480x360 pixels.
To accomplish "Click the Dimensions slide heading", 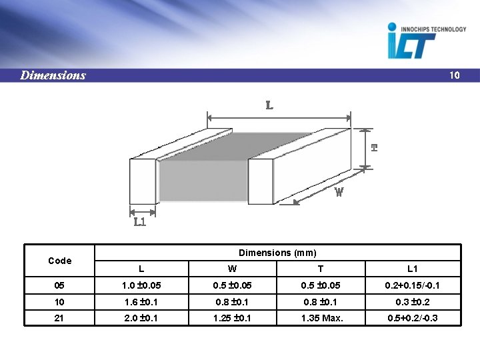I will click(53, 75).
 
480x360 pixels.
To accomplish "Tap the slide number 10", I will click(454, 75).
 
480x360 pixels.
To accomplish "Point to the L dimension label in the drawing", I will click(269, 105).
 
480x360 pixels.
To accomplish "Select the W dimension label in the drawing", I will click(339, 192).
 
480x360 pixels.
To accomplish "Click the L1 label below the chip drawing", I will click(140, 221).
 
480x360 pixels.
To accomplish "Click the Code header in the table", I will click(60, 260).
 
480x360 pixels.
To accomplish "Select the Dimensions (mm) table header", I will click(277, 253).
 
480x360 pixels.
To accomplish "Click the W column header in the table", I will click(232, 269).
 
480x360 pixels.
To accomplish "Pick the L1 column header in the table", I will click(412, 269).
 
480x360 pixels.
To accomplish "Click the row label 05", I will click(59, 285).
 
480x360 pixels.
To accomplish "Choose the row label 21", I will click(59, 318).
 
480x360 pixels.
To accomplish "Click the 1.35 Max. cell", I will click(322, 318).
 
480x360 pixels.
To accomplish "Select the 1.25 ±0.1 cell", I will click(232, 318).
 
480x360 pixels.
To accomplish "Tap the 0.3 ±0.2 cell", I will click(412, 301).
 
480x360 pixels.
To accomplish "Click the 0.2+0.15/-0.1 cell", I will click(412, 285).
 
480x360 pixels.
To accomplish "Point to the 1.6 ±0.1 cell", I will click(141, 301).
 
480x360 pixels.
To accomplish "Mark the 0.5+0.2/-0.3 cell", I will click(412, 318).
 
